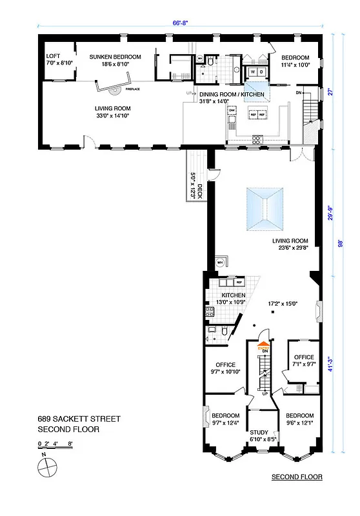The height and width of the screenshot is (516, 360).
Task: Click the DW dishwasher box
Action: (232, 110)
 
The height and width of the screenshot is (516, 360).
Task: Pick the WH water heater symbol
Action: (220, 263)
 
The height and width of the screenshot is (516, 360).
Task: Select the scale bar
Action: (55, 445)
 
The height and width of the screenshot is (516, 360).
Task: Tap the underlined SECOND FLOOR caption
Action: (296, 477)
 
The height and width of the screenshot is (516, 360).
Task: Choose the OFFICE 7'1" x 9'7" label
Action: (304, 361)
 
